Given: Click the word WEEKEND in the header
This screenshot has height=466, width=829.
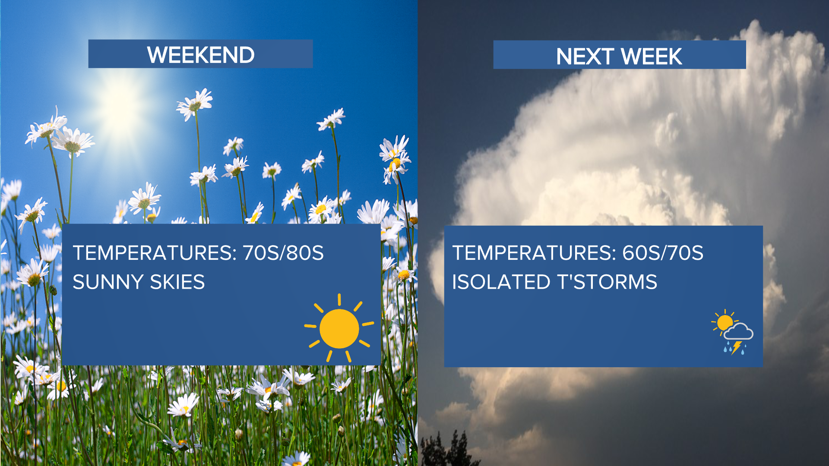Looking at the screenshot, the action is (201, 55).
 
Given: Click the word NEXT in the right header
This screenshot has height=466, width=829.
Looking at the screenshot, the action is (585, 57).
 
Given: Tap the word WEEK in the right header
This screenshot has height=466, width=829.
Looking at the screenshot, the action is (652, 57).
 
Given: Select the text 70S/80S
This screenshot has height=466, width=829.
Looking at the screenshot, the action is (283, 253).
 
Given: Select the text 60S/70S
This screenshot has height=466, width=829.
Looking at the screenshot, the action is (663, 253).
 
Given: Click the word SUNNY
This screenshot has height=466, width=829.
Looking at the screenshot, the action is (108, 282).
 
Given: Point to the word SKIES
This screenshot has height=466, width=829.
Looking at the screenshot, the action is (177, 282).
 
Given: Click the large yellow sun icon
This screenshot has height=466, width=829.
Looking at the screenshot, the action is (339, 328).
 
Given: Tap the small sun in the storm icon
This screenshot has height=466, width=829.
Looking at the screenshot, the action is (724, 322).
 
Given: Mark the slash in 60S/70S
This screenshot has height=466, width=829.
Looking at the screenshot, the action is (663, 253).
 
